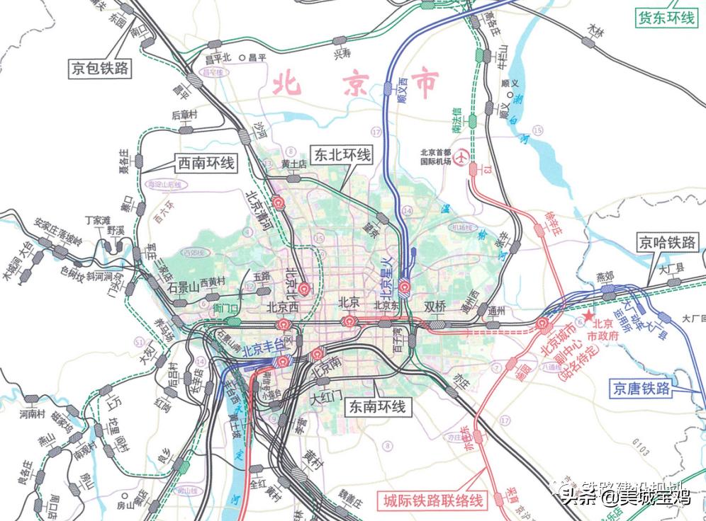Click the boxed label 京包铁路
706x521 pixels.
pyautogui.click(x=99, y=68)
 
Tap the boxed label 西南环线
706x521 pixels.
pyautogui.click(x=206, y=164)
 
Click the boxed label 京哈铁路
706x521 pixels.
pyautogui.click(x=666, y=242)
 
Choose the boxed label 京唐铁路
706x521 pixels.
pyautogui.click(x=641, y=389)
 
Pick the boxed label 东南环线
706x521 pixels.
pyautogui.click(x=376, y=406)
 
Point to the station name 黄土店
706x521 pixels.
pyautogui.click(x=293, y=164)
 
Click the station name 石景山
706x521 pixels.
pyautogui.click(x=182, y=287)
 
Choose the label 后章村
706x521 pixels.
pyautogui.click(x=184, y=115)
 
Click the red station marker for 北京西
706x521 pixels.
pyautogui.click(x=284, y=325)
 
